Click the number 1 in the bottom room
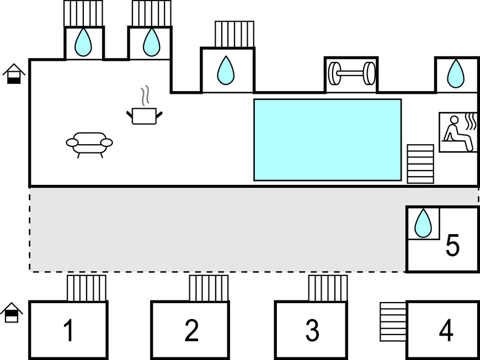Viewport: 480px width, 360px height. pos(68,331)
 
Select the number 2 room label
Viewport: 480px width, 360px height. pos(191,331)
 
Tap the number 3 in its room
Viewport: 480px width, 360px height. pos(312,331)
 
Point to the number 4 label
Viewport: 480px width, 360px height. pos(446,331)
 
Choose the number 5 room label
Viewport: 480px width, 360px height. pos(452,246)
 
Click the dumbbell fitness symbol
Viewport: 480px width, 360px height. pos(351,73)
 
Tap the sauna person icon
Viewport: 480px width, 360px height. pos(458,132)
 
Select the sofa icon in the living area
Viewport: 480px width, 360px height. pos(89,144)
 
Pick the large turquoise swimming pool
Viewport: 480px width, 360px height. pos(327,140)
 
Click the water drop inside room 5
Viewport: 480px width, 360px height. pos(423,223)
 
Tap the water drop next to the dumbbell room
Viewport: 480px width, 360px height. pos(455,73)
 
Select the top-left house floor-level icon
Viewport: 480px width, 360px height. pos(14,74)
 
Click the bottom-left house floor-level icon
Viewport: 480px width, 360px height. pos(12,313)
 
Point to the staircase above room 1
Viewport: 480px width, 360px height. pos(87,288)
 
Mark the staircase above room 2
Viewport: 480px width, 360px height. pos(209,288)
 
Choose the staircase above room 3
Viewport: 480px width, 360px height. pos(328,288)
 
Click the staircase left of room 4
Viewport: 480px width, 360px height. pos(393,322)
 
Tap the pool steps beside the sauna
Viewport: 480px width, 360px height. pos(420,163)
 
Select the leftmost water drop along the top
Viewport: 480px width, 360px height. pos(84,42)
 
